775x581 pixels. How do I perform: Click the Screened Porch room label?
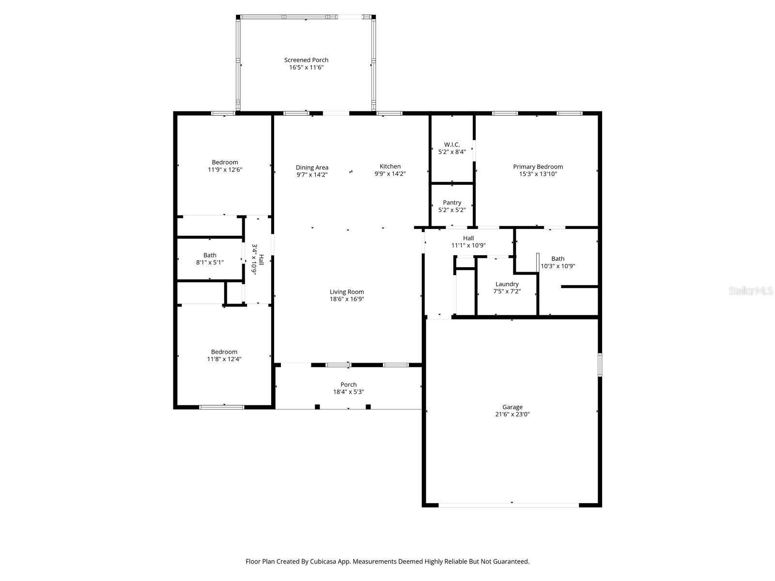[x=306, y=60]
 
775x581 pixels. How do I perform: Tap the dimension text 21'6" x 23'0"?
[x=512, y=414]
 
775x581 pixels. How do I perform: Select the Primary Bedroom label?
[x=538, y=167]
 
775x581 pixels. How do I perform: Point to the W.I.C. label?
[x=452, y=144]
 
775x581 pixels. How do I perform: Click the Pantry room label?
[x=452, y=202]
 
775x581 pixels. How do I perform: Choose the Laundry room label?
[x=507, y=284]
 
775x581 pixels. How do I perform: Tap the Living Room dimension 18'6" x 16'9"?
[x=347, y=299]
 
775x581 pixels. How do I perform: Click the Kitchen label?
[x=390, y=166]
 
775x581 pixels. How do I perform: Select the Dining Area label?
[x=312, y=168]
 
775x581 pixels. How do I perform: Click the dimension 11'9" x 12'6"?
[x=225, y=170]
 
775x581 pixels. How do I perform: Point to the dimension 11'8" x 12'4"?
[x=224, y=359]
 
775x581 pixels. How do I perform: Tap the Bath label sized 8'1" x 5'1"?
[x=210, y=255]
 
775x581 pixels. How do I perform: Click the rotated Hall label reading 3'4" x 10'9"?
[x=258, y=260]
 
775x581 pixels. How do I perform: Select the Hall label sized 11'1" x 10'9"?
[x=468, y=238]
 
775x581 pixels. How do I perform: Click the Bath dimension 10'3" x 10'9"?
[x=558, y=266]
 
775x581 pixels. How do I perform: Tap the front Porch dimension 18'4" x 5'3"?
[x=348, y=392]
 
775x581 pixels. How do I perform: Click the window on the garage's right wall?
[x=600, y=365]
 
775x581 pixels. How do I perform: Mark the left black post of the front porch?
[x=317, y=407]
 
